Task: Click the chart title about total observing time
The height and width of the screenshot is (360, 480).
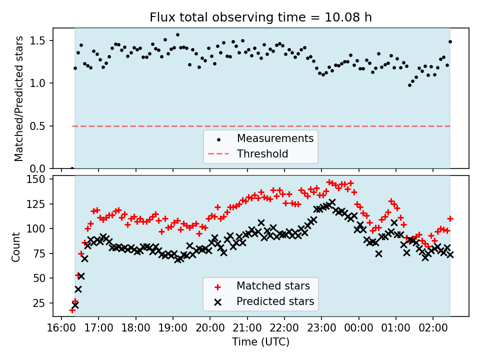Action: pyautogui.click(x=260, y=17)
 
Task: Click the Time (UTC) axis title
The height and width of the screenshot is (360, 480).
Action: pyautogui.click(x=260, y=342)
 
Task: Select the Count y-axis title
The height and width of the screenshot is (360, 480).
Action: pyautogui.click(x=16, y=246)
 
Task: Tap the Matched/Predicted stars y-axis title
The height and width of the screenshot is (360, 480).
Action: pyautogui.click(x=19, y=98)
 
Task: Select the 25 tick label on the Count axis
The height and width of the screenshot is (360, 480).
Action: pyautogui.click(x=41, y=303)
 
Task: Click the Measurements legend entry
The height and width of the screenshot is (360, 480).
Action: pyautogui.click(x=275, y=138)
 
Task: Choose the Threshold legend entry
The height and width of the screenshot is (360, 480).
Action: pyautogui.click(x=262, y=153)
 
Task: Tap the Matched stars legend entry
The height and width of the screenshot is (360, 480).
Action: pyautogui.click(x=273, y=286)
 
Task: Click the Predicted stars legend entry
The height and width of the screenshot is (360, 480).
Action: pyautogui.click(x=275, y=301)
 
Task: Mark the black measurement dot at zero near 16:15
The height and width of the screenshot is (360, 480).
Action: pyautogui.click(x=72, y=168)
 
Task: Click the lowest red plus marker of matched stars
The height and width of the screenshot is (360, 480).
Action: pyautogui.click(x=72, y=310)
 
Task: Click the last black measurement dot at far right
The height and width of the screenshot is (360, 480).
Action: pyautogui.click(x=450, y=41)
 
